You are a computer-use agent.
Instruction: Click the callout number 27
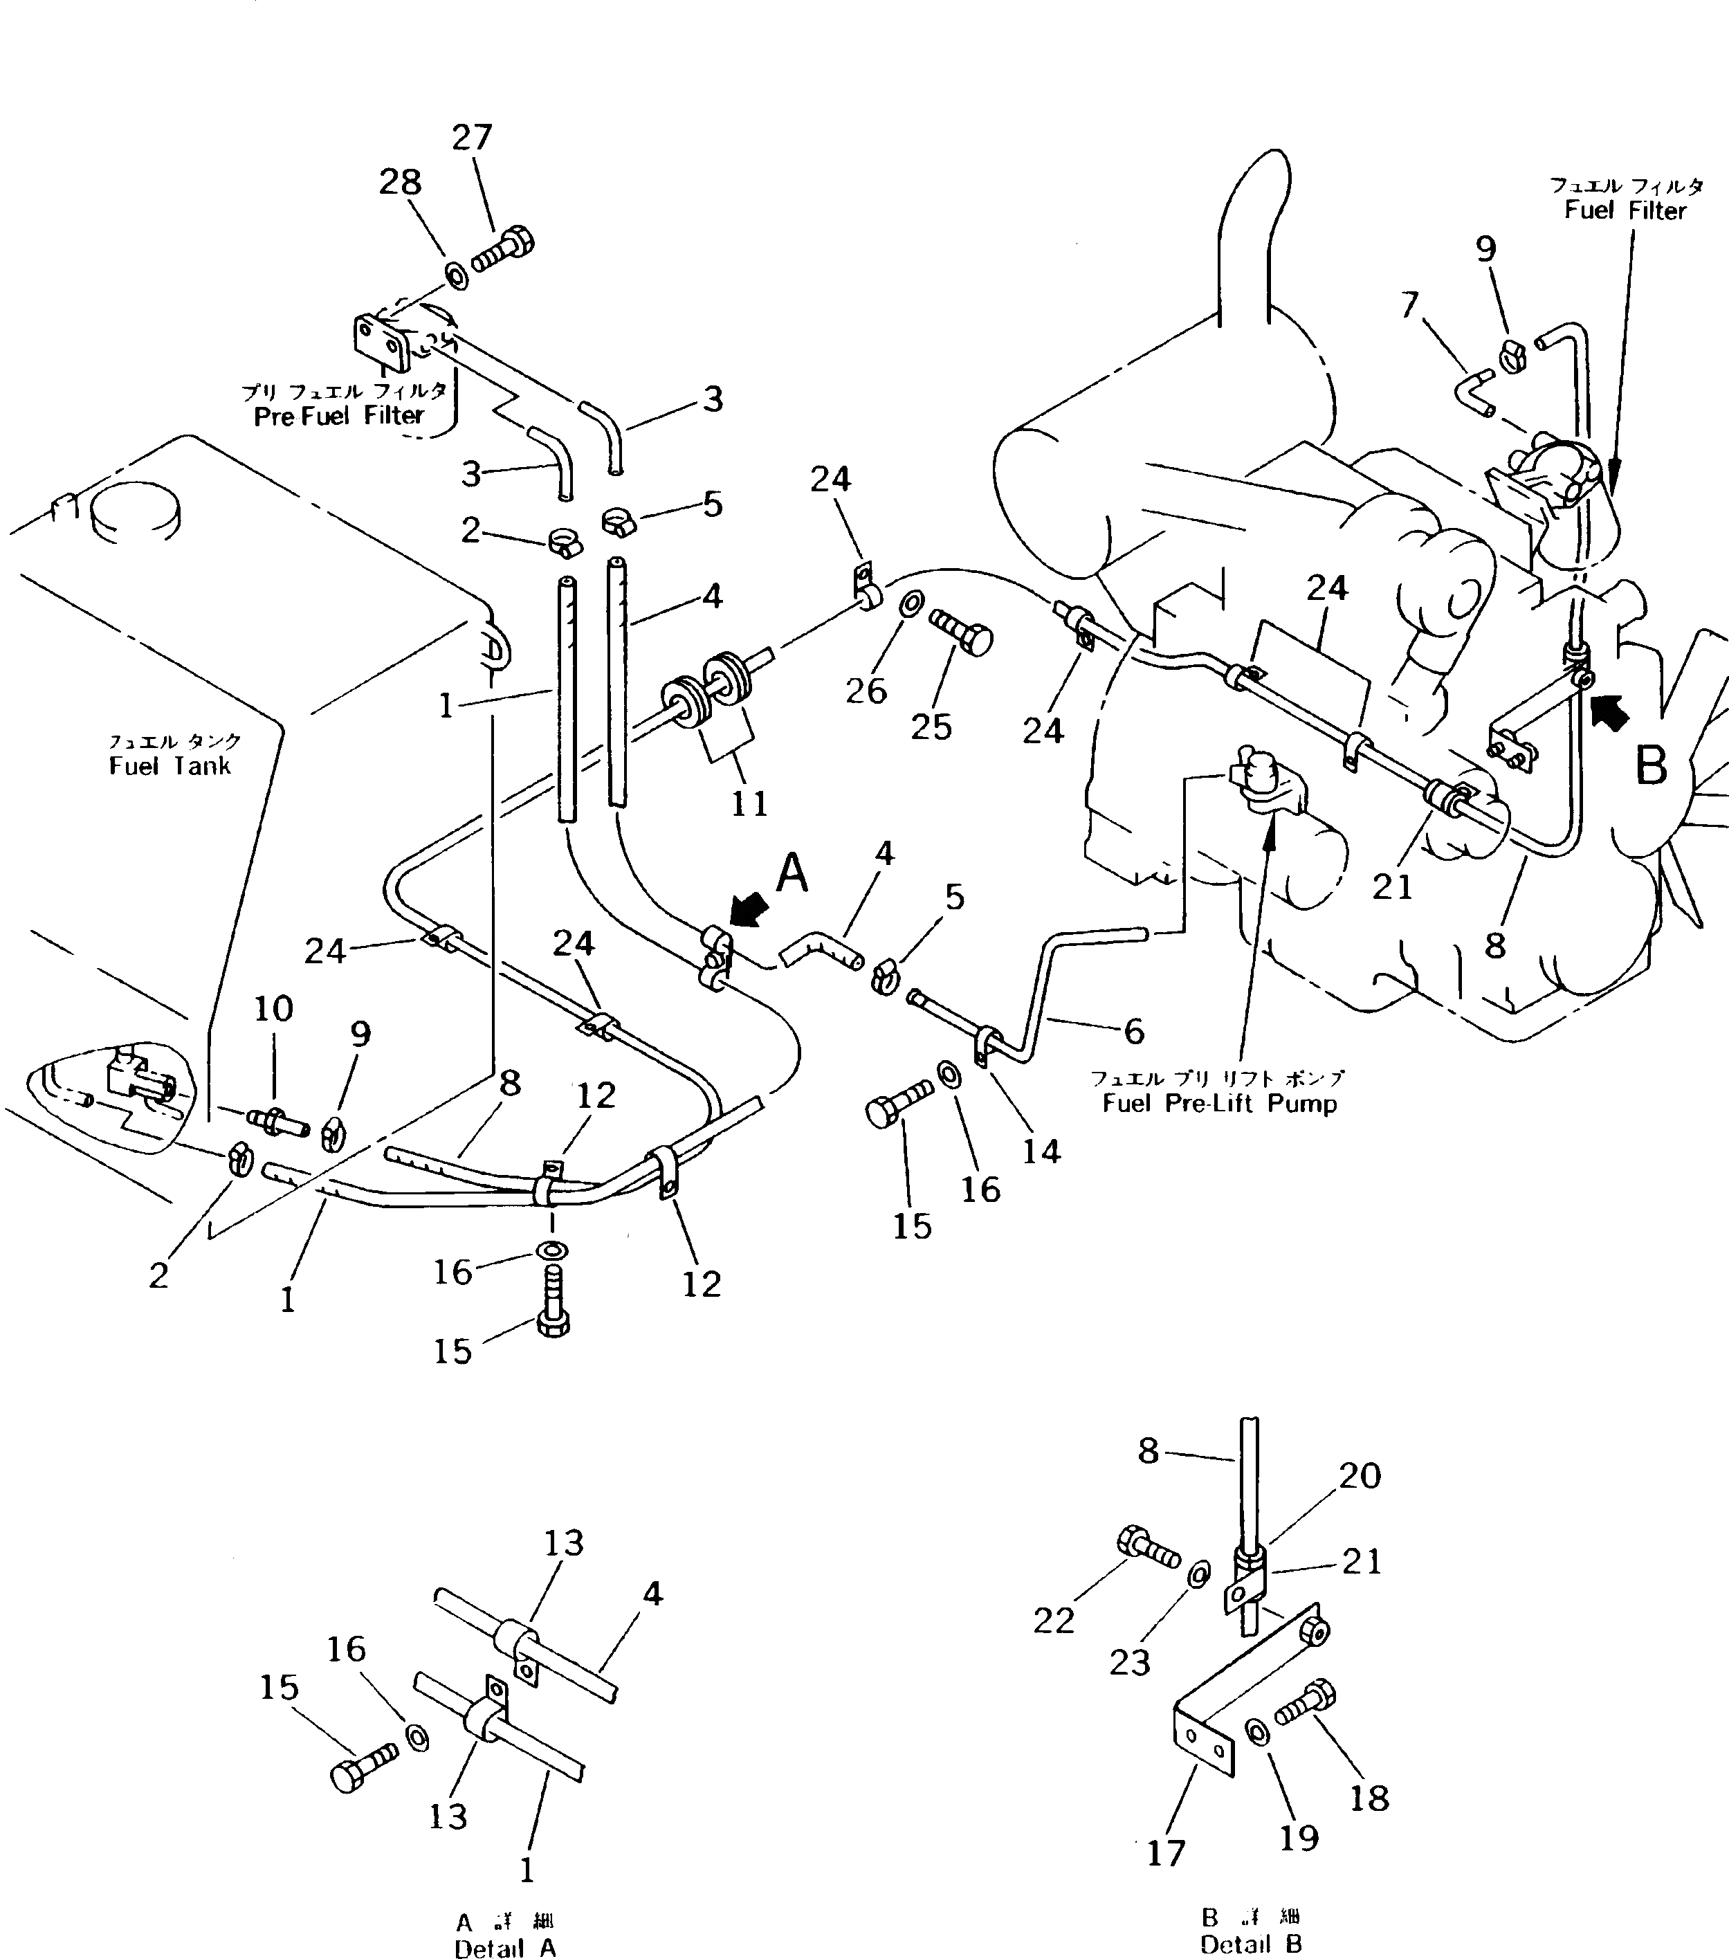(x=472, y=138)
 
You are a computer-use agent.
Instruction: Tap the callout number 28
(x=401, y=182)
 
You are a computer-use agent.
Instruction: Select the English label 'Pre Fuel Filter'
(x=338, y=416)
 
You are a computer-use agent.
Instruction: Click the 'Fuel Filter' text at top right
(x=1625, y=211)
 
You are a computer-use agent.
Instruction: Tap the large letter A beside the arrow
(x=792, y=874)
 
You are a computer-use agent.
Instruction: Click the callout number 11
(x=749, y=803)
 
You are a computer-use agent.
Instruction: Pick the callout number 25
(x=931, y=727)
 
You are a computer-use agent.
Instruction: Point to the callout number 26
(x=866, y=691)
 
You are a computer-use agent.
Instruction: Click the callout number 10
(x=274, y=1008)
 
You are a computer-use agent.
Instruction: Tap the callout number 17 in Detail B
(x=1167, y=1854)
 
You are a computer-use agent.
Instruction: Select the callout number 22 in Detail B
(x=1054, y=1621)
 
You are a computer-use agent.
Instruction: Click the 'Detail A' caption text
(x=504, y=1947)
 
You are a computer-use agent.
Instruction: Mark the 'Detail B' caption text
(x=1251, y=1944)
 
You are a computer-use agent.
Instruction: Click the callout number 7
(x=1409, y=304)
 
